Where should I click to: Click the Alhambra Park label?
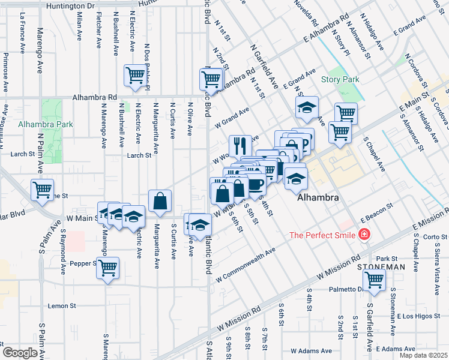pos(45,125)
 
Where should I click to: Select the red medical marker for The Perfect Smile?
pos(364,235)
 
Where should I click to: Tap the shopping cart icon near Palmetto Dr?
pos(375,280)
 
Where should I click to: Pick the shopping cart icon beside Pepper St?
pos(107,268)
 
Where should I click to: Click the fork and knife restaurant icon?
pos(239,145)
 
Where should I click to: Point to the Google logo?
pos(20,352)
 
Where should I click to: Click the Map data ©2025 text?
pos(423,355)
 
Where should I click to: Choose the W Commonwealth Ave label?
pos(245,264)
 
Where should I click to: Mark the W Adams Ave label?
pos(309,350)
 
